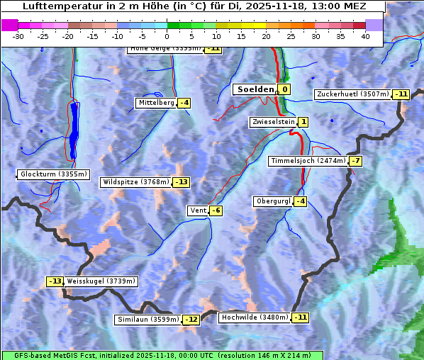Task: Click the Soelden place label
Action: point(255,89)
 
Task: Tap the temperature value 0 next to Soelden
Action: point(284,89)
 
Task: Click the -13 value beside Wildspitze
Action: point(182,182)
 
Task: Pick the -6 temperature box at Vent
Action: point(216,210)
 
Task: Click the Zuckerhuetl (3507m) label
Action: point(353,94)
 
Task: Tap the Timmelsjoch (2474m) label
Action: point(308,161)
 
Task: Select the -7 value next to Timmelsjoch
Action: point(355,161)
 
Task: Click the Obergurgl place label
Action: point(273,201)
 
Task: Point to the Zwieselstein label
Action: point(272,122)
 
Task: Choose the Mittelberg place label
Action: point(156,103)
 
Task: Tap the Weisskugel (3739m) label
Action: point(101,281)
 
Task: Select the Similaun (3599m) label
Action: point(148,320)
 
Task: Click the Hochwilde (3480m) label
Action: point(255,317)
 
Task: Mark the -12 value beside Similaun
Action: point(191,320)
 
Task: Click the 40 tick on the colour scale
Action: point(365,36)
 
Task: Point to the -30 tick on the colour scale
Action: point(18,36)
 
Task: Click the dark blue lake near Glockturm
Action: point(74,128)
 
